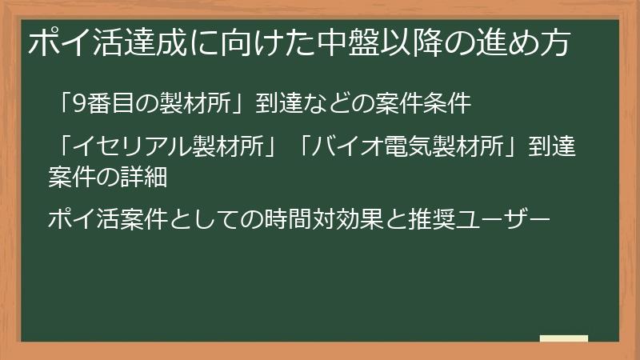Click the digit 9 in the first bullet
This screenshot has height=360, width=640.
pyautogui.click(x=78, y=102)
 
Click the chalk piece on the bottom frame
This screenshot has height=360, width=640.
pyautogui.click(x=563, y=338)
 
